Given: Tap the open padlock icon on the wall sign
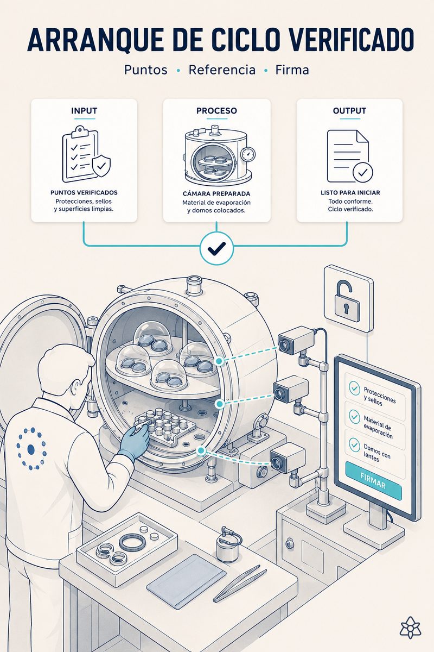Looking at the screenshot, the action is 347,300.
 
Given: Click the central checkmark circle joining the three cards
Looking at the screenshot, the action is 216,248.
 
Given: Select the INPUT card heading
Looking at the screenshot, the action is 84,111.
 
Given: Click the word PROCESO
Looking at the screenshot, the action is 216,111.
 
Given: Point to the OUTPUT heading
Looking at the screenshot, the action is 349,111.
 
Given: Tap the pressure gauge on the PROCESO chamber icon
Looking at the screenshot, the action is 248,153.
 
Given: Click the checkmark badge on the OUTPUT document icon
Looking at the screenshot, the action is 362,172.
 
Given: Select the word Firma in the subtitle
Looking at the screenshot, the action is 292,70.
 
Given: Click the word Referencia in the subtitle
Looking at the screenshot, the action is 222,70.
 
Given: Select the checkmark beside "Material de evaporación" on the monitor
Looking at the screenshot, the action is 354,417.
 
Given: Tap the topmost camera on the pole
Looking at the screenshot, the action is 294,340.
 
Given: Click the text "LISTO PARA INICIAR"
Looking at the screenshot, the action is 350,192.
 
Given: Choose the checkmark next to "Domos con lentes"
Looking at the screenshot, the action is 354,445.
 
